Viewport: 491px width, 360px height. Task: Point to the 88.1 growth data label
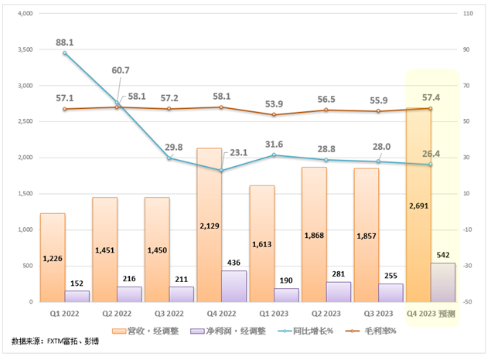click(x=64, y=42)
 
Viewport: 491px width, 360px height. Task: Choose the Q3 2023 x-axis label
click(x=379, y=313)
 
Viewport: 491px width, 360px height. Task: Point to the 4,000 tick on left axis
click(x=24, y=14)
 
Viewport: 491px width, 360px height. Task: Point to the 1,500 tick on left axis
click(x=24, y=194)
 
